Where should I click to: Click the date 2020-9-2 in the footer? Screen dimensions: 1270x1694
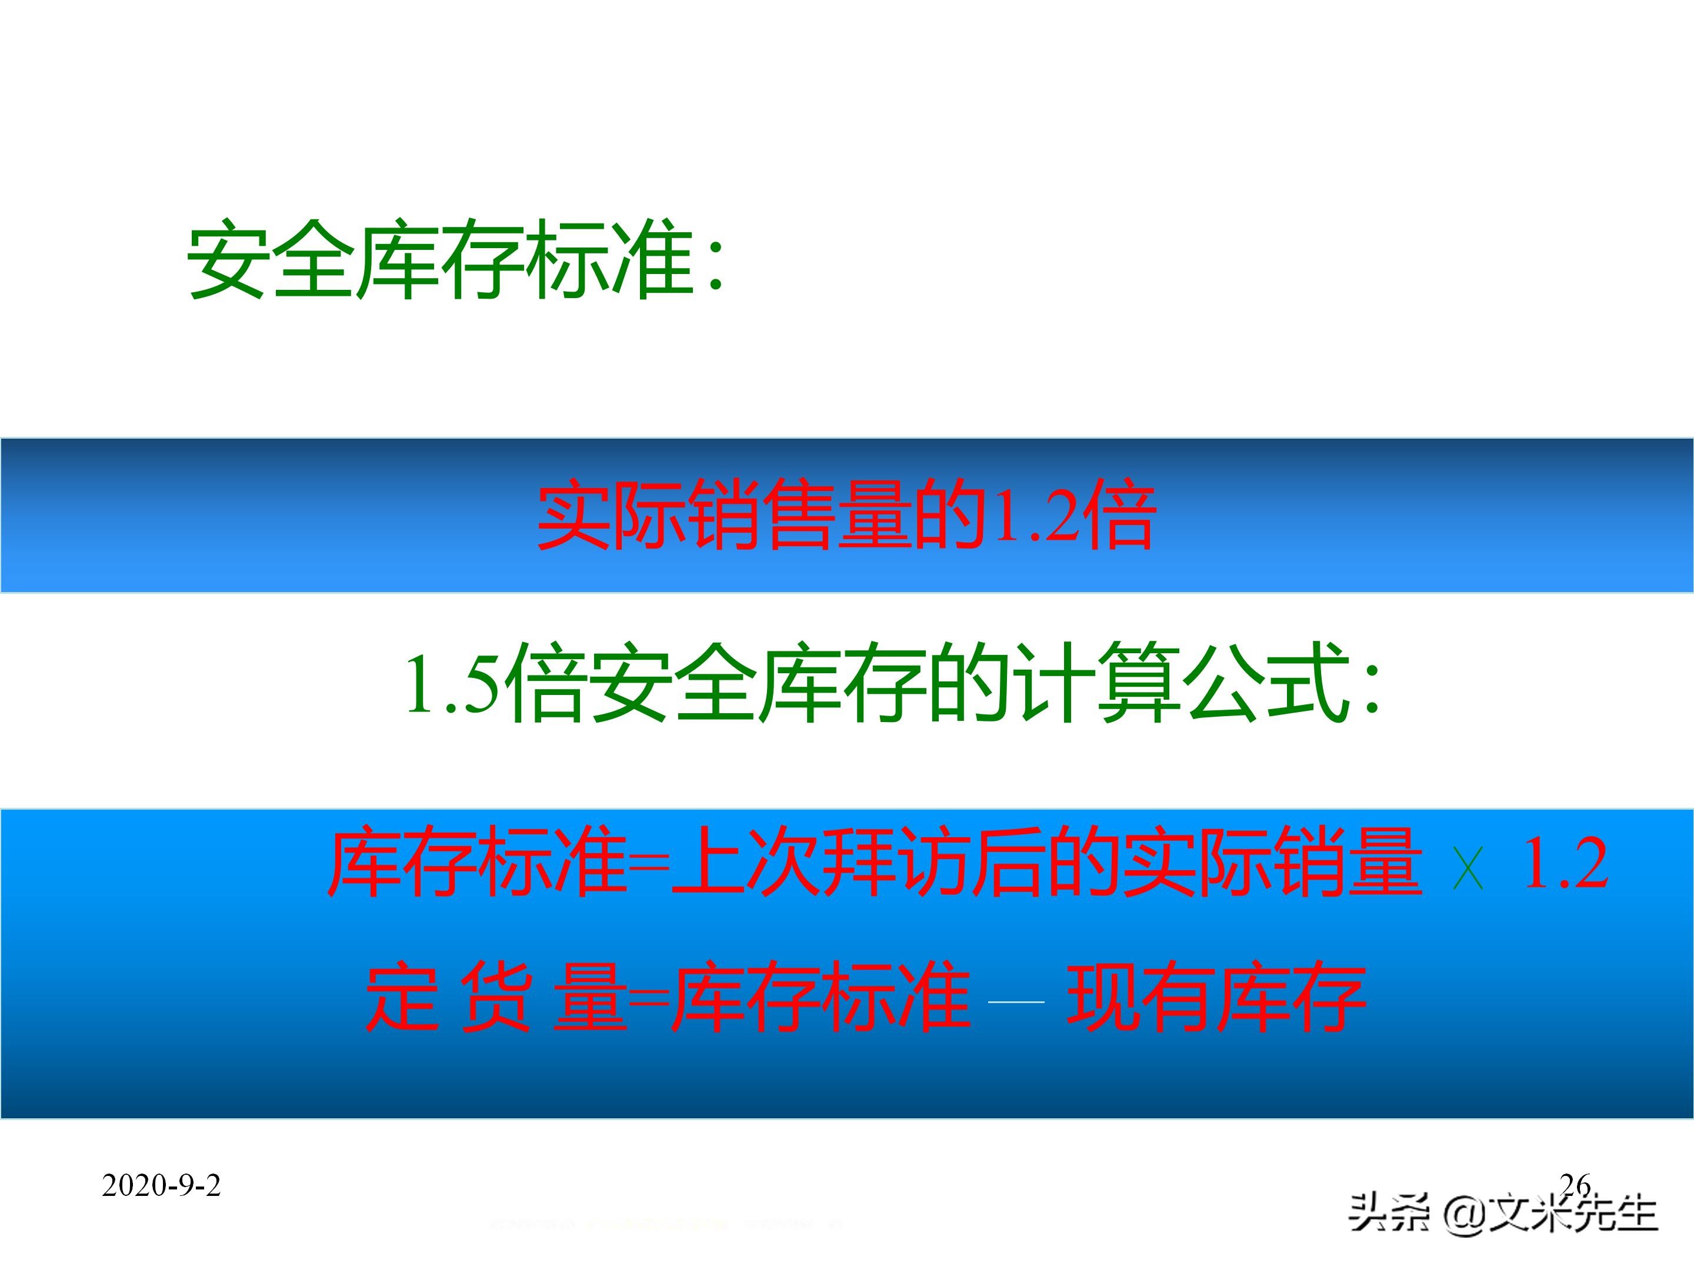click(161, 1186)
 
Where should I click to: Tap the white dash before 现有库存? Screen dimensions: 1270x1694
click(1016, 1001)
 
